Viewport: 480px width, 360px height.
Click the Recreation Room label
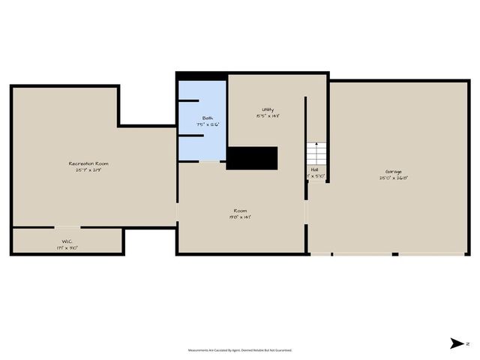(94, 163)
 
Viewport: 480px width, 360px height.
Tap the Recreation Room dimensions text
(89, 170)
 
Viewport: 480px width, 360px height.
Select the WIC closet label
(66, 241)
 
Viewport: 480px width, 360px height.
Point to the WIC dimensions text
(67, 247)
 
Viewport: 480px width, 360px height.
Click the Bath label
(207, 118)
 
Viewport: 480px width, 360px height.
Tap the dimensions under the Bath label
(208, 125)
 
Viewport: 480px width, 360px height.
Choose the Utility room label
(267, 110)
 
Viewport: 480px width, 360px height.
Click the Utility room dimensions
(268, 116)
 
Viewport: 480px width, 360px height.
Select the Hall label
(314, 169)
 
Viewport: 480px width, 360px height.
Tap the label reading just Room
(240, 211)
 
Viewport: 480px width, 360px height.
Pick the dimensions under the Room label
(240, 217)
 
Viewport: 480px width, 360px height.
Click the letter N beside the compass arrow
(467, 343)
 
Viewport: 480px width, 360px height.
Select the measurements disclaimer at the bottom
(240, 350)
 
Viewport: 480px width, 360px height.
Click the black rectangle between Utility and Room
(253, 159)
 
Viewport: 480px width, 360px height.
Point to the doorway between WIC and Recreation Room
(67, 226)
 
